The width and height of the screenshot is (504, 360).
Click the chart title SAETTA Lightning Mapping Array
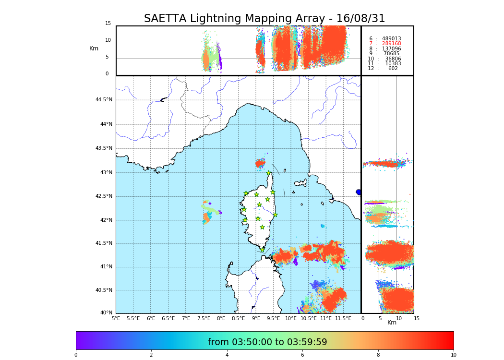click(x=264, y=19)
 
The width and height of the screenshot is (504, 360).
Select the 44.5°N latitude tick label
click(x=104, y=100)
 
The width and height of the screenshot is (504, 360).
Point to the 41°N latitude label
click(x=105, y=267)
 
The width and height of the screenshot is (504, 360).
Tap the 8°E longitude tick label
click(x=221, y=318)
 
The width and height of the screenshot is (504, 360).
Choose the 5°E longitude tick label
click(x=116, y=318)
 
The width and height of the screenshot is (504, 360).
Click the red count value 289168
click(x=391, y=44)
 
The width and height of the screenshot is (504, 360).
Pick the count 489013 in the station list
click(x=391, y=39)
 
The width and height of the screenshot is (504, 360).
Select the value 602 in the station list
click(x=393, y=69)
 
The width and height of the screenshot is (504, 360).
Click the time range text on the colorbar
click(x=267, y=342)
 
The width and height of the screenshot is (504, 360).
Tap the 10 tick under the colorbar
click(x=454, y=355)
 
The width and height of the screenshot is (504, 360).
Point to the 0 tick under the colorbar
click(x=76, y=355)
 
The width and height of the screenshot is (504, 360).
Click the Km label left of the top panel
click(x=94, y=48)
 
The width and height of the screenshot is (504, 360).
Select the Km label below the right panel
click(x=392, y=323)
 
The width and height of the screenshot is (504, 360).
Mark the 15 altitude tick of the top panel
click(x=108, y=24)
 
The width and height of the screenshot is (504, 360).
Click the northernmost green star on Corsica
click(x=269, y=173)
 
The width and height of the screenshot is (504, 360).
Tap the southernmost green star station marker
click(x=262, y=250)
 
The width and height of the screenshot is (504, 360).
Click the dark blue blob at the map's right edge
click(x=358, y=192)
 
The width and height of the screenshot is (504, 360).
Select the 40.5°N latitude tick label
click(x=104, y=290)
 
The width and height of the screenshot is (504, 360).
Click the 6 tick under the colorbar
click(x=302, y=355)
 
